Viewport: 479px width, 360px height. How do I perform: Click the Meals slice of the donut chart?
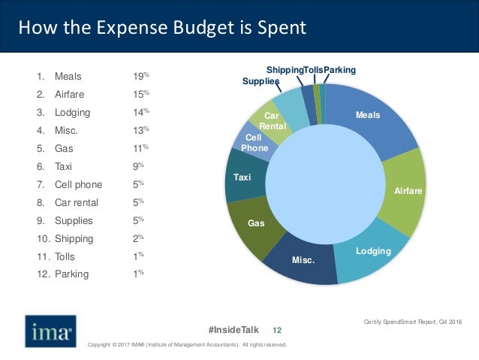click(x=368, y=120)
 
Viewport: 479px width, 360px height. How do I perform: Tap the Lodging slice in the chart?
click(x=372, y=252)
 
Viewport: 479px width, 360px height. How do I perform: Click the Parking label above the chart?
click(x=340, y=70)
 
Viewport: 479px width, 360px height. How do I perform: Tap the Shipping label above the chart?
click(x=285, y=70)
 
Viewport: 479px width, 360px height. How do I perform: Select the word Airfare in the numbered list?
click(x=71, y=95)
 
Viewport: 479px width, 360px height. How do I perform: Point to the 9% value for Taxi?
click(x=137, y=167)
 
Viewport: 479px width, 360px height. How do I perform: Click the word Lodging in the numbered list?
click(x=72, y=113)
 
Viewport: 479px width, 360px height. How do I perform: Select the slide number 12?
click(x=276, y=330)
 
